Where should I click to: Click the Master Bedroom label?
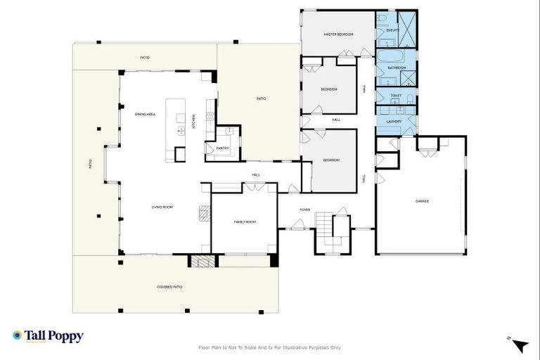[337, 34]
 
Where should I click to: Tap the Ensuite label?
[392, 30]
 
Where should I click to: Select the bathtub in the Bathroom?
[389, 55]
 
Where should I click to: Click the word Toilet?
[395, 95]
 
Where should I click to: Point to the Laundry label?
[394, 121]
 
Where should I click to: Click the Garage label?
[422, 201]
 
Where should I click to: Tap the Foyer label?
[305, 209]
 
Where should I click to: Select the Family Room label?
[245, 221]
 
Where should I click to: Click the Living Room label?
[162, 207]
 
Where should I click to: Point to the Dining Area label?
[145, 113]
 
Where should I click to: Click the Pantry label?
[222, 148]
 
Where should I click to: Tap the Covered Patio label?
[169, 287]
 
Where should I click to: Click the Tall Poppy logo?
[48, 336]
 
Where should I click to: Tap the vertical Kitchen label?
[194, 122]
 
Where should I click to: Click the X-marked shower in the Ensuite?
[407, 28]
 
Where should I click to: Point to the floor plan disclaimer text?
[270, 347]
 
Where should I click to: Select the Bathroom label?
[397, 67]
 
